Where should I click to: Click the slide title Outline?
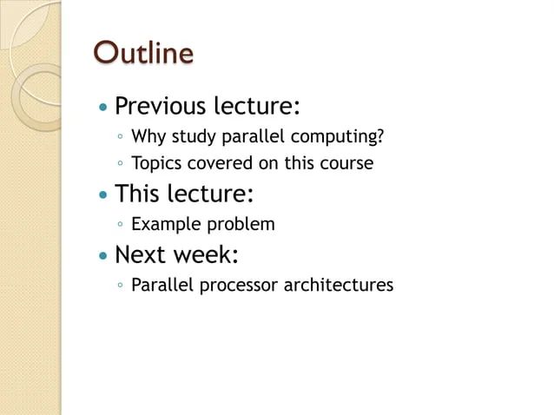tap(143, 53)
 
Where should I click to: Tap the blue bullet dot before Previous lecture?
tap(104, 109)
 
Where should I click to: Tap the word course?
tap(346, 163)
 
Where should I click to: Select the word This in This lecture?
tap(139, 193)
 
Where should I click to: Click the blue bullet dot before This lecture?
tap(104, 194)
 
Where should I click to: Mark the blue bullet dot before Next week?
tap(104, 256)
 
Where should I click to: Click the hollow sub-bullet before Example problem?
tap(120, 225)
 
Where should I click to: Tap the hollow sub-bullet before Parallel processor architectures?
tap(120, 286)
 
